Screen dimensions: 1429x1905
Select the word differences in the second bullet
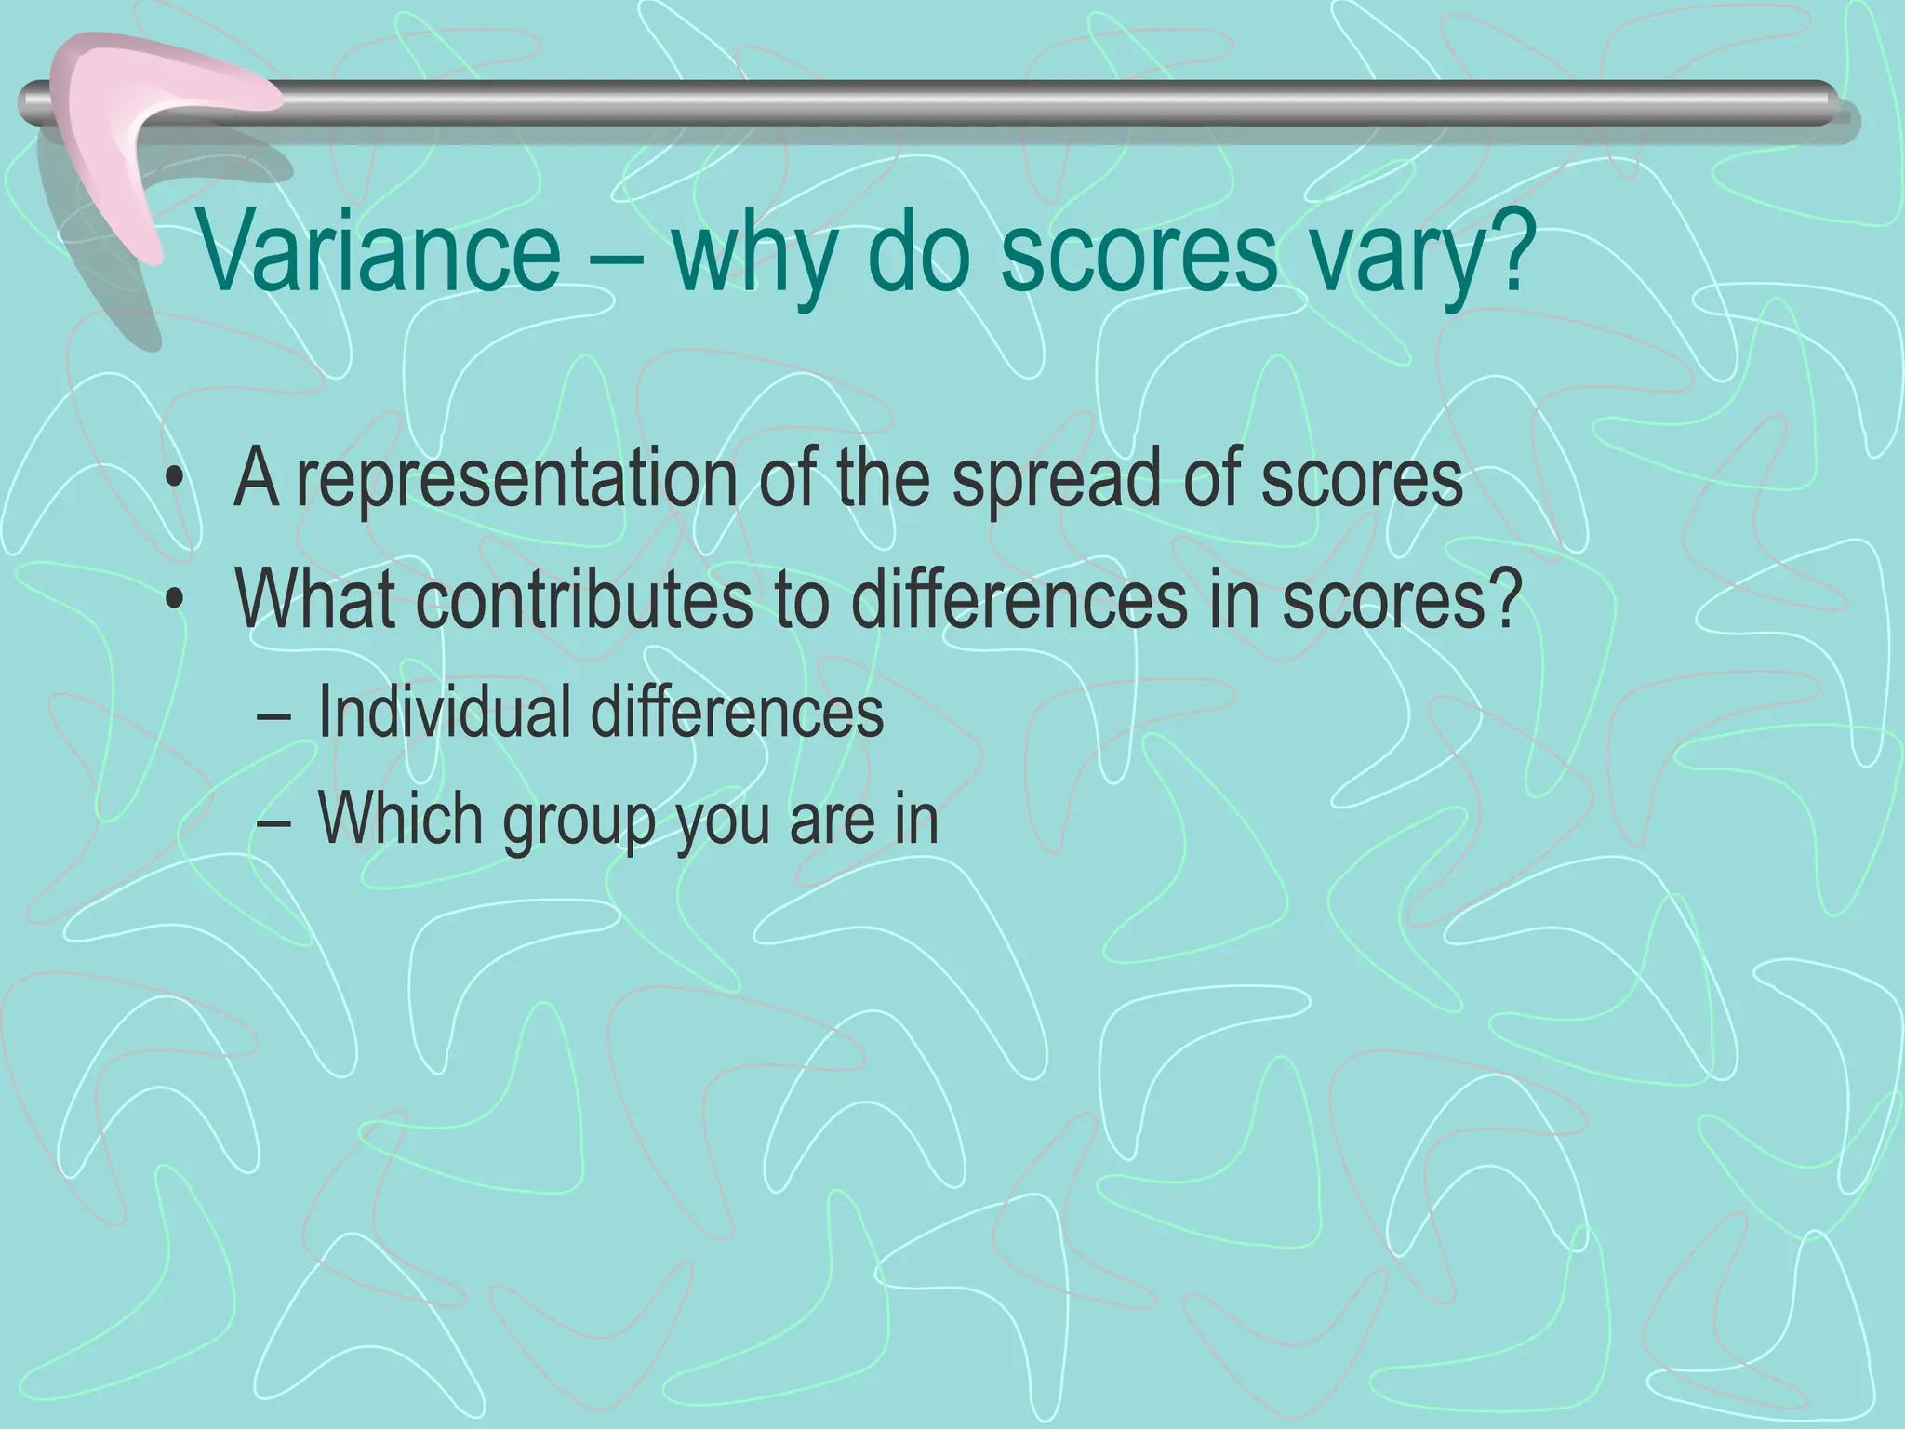[1019, 600]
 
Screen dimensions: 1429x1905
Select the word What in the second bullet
[316, 600]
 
